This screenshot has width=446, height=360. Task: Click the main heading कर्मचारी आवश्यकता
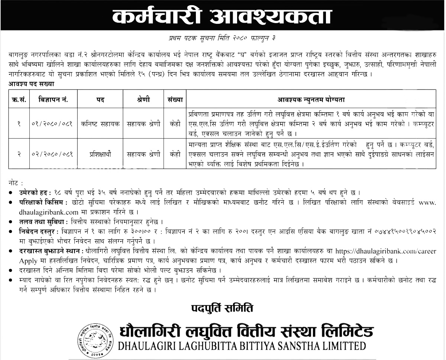222,17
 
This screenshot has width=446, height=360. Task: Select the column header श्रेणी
143,100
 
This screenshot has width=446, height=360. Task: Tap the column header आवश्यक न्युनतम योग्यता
311,100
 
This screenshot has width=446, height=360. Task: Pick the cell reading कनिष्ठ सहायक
100,124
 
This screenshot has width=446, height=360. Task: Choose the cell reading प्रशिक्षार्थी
100,153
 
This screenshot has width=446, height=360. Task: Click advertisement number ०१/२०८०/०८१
52,124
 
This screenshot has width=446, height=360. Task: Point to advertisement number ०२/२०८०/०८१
52,153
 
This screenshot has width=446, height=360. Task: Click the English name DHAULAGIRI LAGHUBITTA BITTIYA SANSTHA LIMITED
242,346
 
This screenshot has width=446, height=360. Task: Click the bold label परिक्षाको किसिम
41,202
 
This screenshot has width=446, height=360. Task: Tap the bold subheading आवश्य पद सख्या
32,84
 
